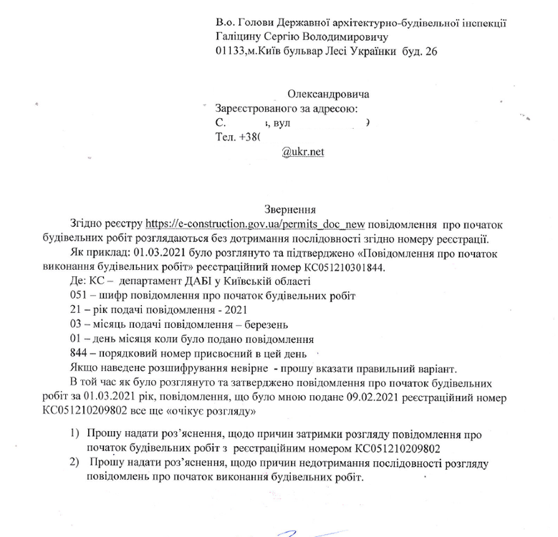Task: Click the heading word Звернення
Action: (x=290, y=211)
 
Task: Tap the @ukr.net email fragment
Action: (x=303, y=152)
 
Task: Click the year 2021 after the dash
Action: (x=235, y=310)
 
